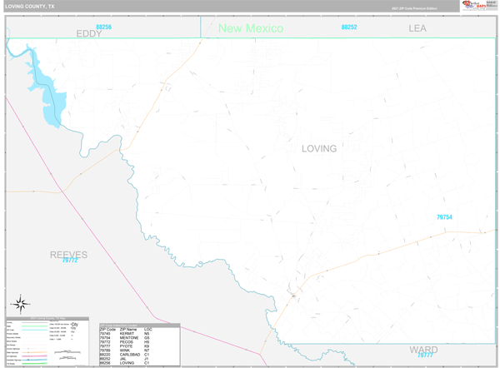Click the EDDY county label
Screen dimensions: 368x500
tap(88, 34)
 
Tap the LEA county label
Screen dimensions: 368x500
tap(417, 28)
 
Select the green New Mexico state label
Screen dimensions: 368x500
tap(251, 28)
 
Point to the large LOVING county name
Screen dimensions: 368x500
tap(319, 149)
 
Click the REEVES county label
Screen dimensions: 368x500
tap(68, 254)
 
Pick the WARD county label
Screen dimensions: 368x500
tap(424, 349)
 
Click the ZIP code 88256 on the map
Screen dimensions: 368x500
tap(103, 27)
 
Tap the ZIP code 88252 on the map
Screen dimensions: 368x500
tap(349, 27)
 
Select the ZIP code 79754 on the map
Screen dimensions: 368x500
tap(444, 217)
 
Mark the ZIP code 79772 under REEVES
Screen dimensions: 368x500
tap(70, 261)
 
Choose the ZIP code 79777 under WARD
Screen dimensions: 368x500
tap(426, 356)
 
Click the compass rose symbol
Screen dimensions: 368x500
tap(21, 304)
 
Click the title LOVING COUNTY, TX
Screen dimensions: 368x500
tap(31, 6)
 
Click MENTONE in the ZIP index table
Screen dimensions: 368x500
tap(129, 337)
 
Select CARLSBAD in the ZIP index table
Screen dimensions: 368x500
tap(131, 355)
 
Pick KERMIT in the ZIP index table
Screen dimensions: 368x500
tap(127, 333)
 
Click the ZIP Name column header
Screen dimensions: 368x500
tap(129, 329)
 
